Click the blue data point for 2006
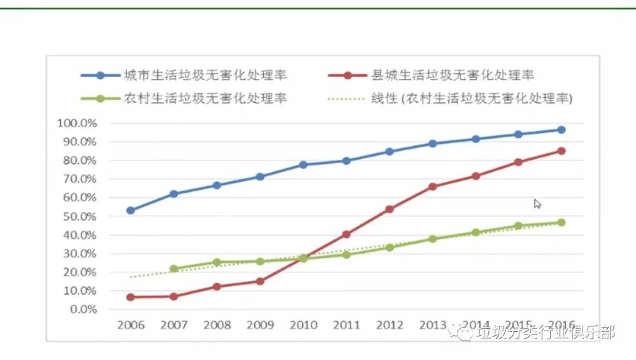131,210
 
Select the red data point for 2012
389,209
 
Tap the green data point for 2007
174,269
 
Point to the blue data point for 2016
561,130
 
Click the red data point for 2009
260,281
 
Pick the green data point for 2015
518,226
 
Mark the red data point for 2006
131,297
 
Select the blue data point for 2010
303,165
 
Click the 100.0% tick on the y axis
77,123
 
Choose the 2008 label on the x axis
217,325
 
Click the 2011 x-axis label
346,325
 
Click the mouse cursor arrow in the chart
537,204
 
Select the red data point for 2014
475,176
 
